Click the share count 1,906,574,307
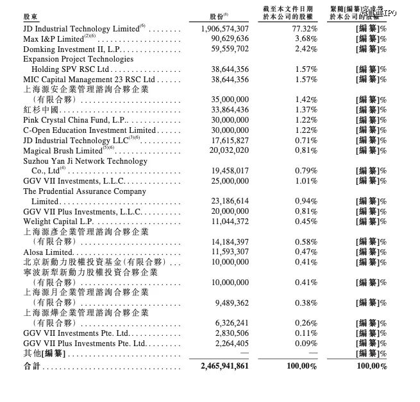pos(220,29)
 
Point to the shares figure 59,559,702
pos(224,49)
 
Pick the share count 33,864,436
pos(224,110)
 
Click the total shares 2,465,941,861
pos(220,365)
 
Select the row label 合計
pos(31,365)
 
